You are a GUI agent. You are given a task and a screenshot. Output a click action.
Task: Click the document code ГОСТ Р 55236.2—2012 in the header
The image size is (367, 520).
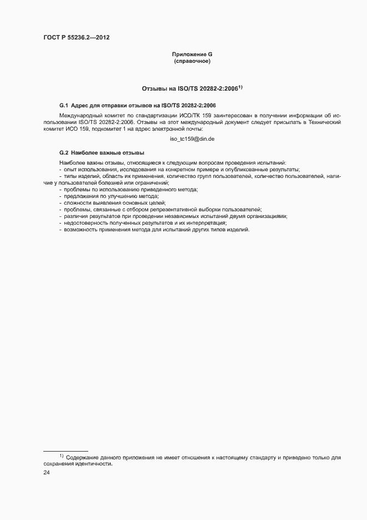(77, 37)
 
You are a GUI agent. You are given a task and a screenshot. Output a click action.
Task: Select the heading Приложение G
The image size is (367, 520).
(192, 55)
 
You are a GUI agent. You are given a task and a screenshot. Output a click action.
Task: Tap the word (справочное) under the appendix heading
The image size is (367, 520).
(192, 61)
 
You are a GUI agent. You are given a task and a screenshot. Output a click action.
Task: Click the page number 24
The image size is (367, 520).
(47, 473)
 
